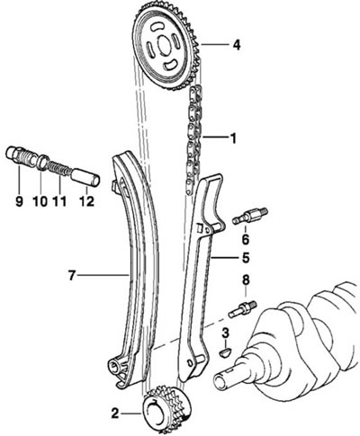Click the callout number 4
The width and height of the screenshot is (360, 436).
tap(237, 45)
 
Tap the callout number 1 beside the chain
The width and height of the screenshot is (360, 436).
tap(232, 138)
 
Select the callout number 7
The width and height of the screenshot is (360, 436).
tap(71, 275)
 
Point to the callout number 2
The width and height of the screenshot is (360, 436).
tap(115, 414)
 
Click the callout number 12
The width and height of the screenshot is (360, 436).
tap(86, 201)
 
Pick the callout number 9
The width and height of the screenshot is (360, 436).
tap(19, 201)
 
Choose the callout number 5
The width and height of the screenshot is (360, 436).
tap(246, 257)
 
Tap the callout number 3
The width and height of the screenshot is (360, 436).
tap(225, 333)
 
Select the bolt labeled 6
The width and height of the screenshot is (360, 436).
tap(250, 217)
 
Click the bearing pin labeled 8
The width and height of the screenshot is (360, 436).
tap(242, 310)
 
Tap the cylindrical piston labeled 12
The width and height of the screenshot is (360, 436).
tap(85, 178)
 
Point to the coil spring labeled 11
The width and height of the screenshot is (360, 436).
tap(59, 167)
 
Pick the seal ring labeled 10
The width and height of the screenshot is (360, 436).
tap(43, 163)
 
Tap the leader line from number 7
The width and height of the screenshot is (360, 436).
tap(103, 274)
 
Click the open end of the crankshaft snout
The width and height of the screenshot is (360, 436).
tap(220, 381)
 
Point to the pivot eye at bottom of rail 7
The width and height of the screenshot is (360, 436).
tap(115, 366)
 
